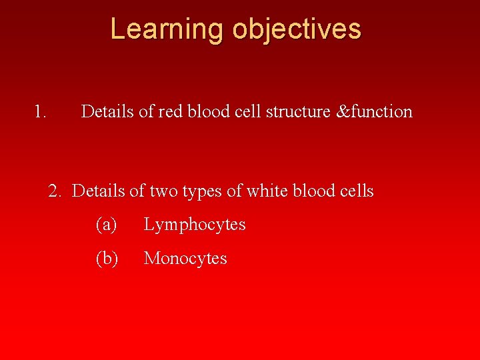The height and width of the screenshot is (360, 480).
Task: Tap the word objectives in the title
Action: click(297, 29)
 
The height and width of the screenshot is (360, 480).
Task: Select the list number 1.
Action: click(40, 111)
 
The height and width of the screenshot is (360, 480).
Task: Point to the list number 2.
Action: click(55, 191)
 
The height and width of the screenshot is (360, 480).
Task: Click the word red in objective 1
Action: click(169, 111)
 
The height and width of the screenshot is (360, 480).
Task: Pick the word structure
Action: click(297, 111)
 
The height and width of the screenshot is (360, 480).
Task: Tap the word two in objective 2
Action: click(162, 191)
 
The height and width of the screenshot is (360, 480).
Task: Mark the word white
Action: click(265, 191)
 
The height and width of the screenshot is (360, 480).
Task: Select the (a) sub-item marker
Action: click(107, 225)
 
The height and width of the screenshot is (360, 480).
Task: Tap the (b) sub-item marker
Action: click(107, 258)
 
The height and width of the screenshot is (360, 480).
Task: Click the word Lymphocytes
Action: click(195, 225)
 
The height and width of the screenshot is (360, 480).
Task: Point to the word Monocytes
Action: click(185, 259)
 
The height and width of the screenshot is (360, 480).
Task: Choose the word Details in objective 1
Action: click(107, 111)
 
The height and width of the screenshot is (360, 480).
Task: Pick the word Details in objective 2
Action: click(99, 191)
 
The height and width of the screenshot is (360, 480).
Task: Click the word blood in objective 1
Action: click(205, 111)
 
